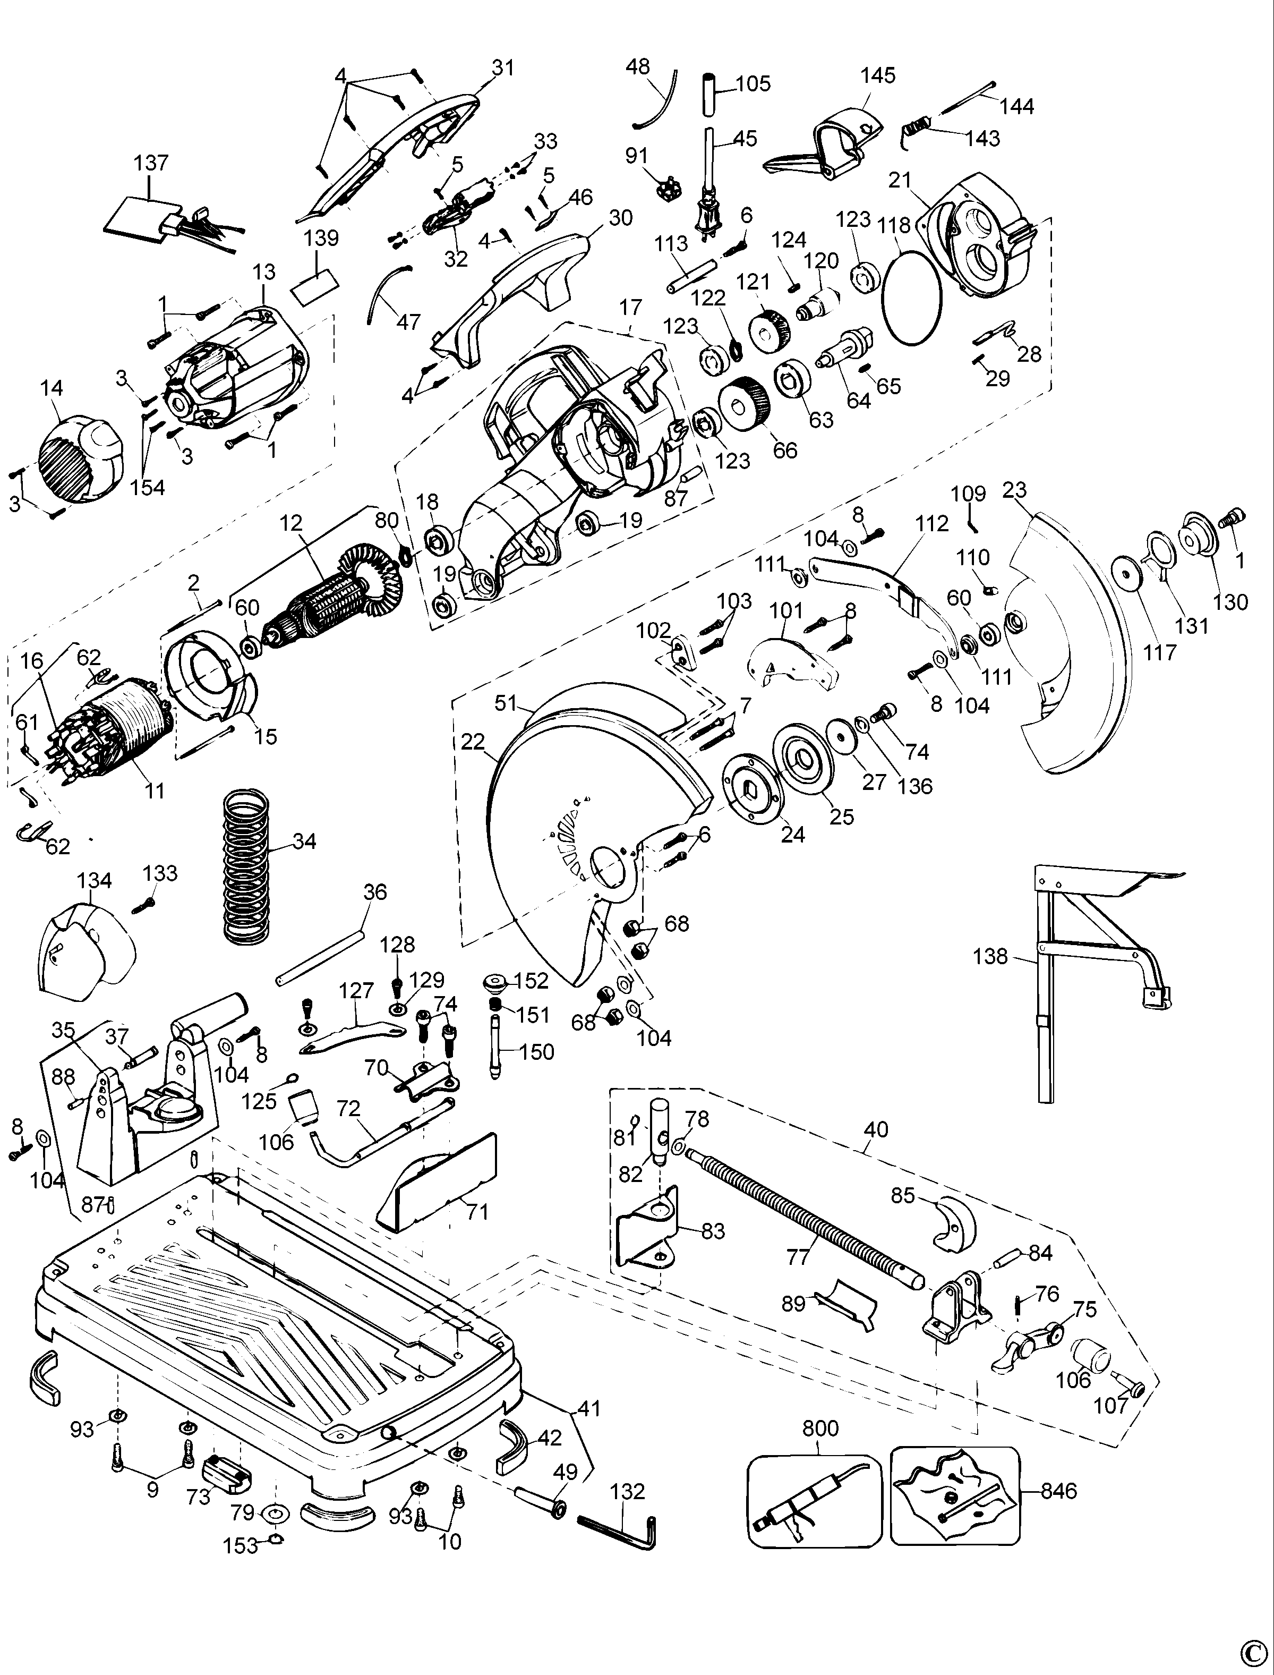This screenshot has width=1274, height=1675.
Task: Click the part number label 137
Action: click(151, 163)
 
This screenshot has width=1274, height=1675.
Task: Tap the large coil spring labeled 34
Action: click(248, 865)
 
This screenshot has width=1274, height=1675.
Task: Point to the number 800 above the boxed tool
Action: click(820, 1429)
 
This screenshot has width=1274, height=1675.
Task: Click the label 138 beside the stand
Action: click(991, 957)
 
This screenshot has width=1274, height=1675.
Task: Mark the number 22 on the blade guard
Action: click(473, 742)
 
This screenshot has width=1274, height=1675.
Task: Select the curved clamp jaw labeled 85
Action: click(955, 1223)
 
